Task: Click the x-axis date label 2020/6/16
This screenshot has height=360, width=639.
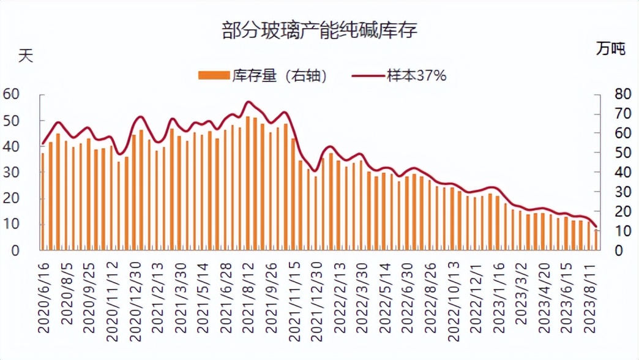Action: [x=43, y=297]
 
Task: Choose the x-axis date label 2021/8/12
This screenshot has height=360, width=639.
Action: [x=248, y=297]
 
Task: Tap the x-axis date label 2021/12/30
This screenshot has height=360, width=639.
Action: [x=316, y=297]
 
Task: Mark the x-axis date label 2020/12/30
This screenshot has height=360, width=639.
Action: [x=135, y=297]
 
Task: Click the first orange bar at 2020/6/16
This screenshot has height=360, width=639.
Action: [x=43, y=202]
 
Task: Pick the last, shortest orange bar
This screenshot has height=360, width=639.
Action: [x=596, y=240]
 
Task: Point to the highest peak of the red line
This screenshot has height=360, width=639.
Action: [x=248, y=102]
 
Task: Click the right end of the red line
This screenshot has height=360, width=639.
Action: [x=596, y=227]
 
